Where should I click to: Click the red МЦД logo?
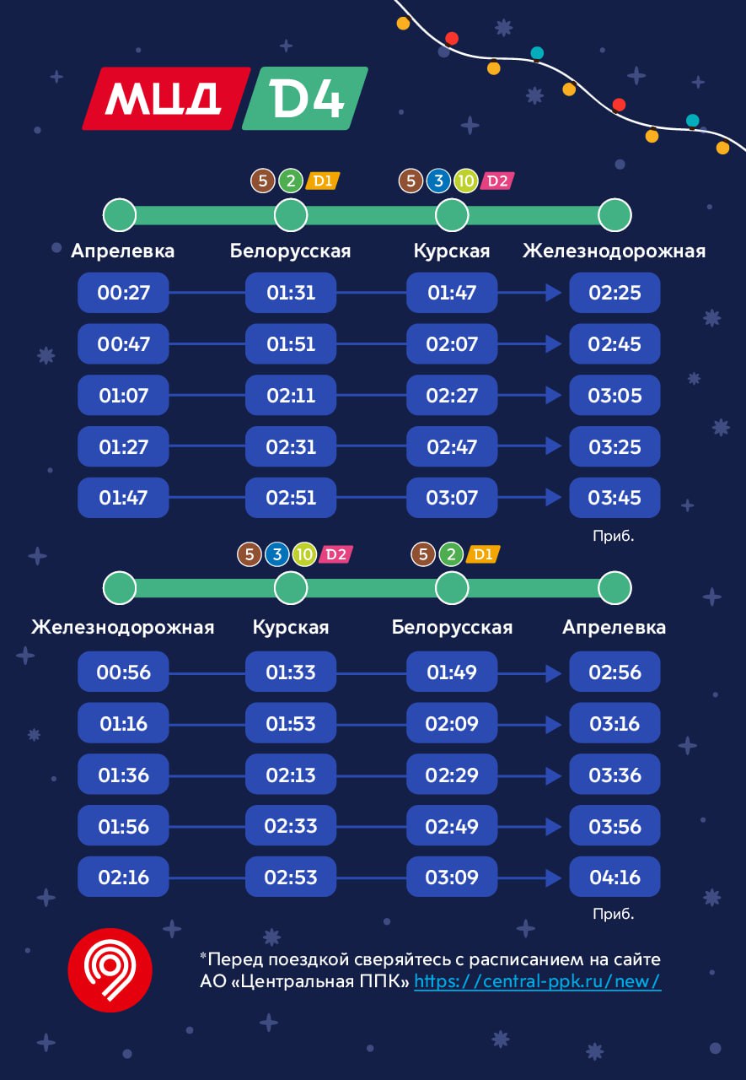pos(166,99)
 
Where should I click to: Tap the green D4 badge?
pos(305,99)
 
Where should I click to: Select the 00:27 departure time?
pos(123,293)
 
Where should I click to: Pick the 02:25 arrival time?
pos(615,293)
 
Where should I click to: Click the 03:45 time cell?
pos(615,497)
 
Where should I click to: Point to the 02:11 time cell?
pos(291,395)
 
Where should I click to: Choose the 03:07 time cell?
pos(452,497)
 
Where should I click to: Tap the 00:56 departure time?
pos(123,672)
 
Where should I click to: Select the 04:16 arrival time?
pos(615,877)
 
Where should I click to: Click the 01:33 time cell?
pos(291,672)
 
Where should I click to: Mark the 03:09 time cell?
pos(452,877)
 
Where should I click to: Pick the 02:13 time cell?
pos(291,775)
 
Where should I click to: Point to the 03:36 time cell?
pos(615,775)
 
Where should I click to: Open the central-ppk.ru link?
pos(537,981)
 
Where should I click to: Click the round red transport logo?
pos(110,969)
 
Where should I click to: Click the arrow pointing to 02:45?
pos(552,344)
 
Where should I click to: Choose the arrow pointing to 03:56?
pos(552,826)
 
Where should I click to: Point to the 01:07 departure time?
pos(123,395)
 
